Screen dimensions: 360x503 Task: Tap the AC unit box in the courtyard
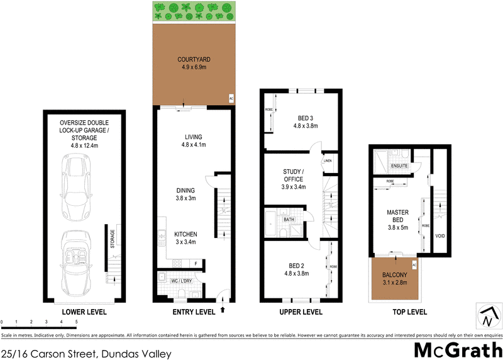coord(231,99)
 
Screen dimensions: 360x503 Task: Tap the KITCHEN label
coord(185,233)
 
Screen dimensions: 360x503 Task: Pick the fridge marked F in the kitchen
coord(196,263)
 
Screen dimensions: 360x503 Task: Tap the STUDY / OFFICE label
coord(293,176)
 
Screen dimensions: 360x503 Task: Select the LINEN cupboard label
coord(328,161)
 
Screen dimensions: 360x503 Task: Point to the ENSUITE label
coord(399,166)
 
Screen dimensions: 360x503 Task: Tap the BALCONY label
coord(396,275)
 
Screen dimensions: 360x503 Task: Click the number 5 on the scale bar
coord(77,322)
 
